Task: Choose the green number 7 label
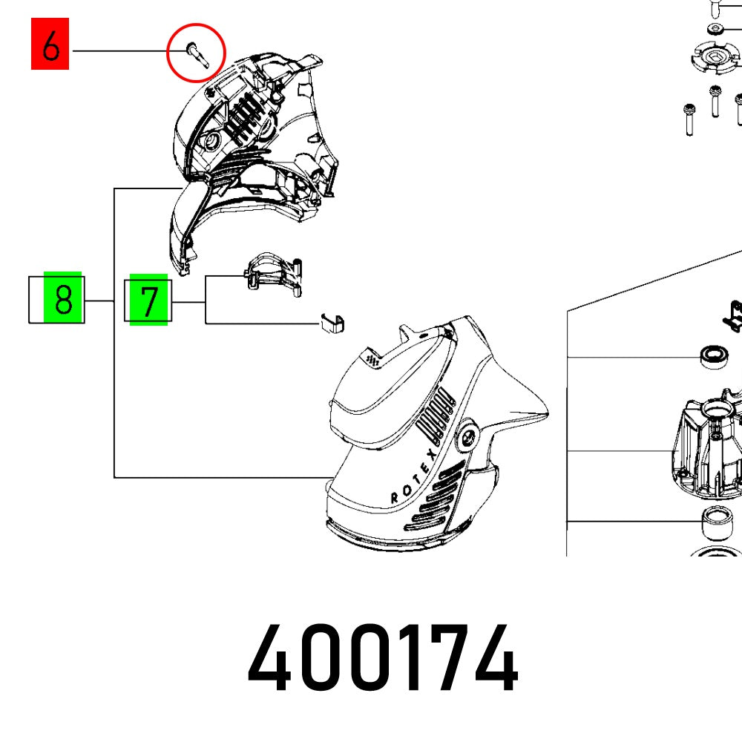149,301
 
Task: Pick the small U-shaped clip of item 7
334,324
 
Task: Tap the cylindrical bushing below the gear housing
715,524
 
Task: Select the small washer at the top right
715,29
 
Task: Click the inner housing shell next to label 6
252,134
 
